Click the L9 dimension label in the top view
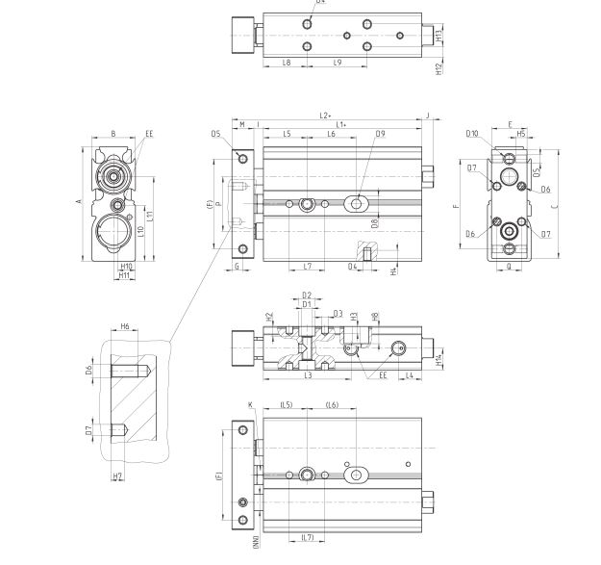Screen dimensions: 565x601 338,62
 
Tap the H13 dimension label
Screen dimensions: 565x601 438,37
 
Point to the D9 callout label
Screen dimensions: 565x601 381,134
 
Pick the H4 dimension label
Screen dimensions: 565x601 395,271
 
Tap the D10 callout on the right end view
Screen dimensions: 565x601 472,134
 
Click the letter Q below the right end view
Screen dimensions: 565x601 509,266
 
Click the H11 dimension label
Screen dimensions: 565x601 123,275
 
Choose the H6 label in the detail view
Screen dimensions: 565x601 125,327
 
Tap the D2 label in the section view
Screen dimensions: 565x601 307,295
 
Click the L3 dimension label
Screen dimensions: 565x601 307,375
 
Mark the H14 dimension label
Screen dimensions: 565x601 438,360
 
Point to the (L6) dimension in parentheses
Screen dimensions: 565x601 333,405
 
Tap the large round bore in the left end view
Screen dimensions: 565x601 114,234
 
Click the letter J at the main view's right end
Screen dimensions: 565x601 428,116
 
